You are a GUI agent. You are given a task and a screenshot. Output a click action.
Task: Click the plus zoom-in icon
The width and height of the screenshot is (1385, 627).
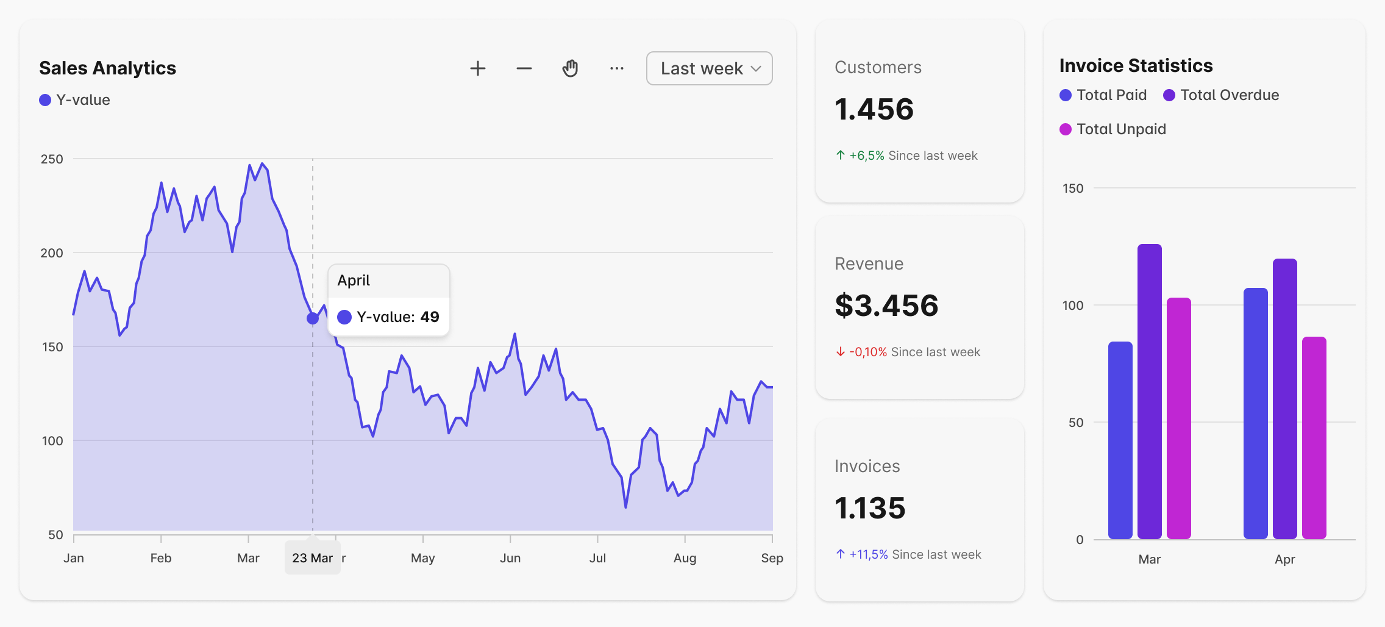pyautogui.click(x=478, y=68)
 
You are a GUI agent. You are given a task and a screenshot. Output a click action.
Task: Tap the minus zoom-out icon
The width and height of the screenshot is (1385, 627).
pyautogui.click(x=524, y=68)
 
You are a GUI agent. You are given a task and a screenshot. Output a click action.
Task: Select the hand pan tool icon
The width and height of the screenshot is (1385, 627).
pyautogui.click(x=570, y=68)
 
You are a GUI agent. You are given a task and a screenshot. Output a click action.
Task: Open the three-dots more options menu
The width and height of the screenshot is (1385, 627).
pyautogui.click(x=616, y=68)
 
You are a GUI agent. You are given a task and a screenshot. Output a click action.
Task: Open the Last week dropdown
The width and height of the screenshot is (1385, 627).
pyautogui.click(x=709, y=68)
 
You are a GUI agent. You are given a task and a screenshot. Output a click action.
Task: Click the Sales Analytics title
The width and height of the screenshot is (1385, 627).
pyautogui.click(x=107, y=68)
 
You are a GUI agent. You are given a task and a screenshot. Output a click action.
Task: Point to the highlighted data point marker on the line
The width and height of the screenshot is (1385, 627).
pyautogui.click(x=313, y=318)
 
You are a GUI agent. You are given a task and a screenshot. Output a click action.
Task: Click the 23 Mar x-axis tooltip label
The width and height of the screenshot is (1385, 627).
pyautogui.click(x=312, y=558)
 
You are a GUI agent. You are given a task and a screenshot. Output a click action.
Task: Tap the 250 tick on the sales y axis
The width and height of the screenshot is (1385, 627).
pyautogui.click(x=52, y=159)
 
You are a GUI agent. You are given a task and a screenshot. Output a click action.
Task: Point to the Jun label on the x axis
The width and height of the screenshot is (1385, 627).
pyautogui.click(x=510, y=558)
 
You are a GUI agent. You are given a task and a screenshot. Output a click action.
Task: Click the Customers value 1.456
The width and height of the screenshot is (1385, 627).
pyautogui.click(x=874, y=110)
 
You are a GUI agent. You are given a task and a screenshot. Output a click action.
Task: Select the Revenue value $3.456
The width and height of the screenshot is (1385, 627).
pyautogui.click(x=886, y=306)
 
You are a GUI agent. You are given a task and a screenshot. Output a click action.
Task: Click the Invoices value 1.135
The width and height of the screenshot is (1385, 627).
pyautogui.click(x=870, y=508)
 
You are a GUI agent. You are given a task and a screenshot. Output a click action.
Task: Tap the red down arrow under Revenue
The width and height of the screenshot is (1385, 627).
pyautogui.click(x=841, y=352)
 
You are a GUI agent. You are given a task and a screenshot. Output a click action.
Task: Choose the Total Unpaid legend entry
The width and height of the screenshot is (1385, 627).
pyautogui.click(x=1113, y=129)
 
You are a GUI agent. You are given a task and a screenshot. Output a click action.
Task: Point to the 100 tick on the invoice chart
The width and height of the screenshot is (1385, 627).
pyautogui.click(x=1073, y=306)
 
